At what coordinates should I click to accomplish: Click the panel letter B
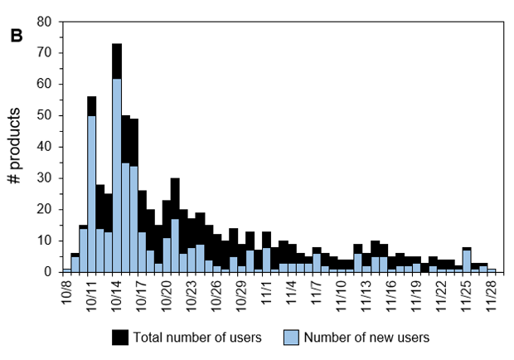16,36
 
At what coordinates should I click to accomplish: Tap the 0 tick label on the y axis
49,272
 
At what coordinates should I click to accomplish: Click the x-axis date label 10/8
67,291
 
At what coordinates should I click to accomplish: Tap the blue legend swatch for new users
292,337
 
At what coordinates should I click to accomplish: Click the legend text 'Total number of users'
201,337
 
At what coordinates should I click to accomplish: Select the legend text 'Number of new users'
367,337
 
